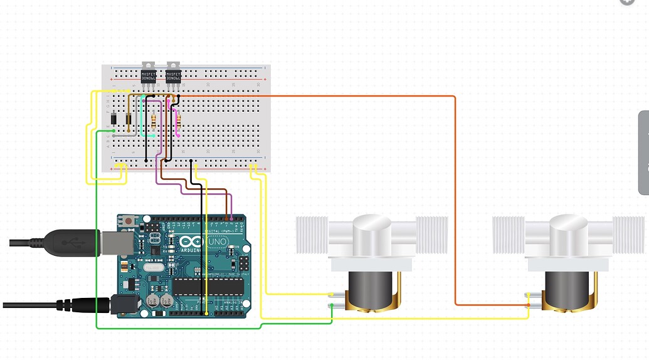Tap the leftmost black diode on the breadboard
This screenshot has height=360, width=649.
tap(113, 120)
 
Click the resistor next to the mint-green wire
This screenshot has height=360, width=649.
tap(154, 119)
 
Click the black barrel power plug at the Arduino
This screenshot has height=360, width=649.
tap(82, 305)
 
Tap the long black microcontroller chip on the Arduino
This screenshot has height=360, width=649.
tap(208, 287)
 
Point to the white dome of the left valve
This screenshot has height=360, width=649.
tap(372, 232)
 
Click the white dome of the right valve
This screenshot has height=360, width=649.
tap(568, 232)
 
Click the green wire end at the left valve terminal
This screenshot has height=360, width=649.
tap(332, 305)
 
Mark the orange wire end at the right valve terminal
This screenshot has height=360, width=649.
tap(529, 305)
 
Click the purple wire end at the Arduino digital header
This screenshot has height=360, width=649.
tap(232, 218)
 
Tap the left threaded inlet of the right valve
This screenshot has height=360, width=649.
tap(509, 235)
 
